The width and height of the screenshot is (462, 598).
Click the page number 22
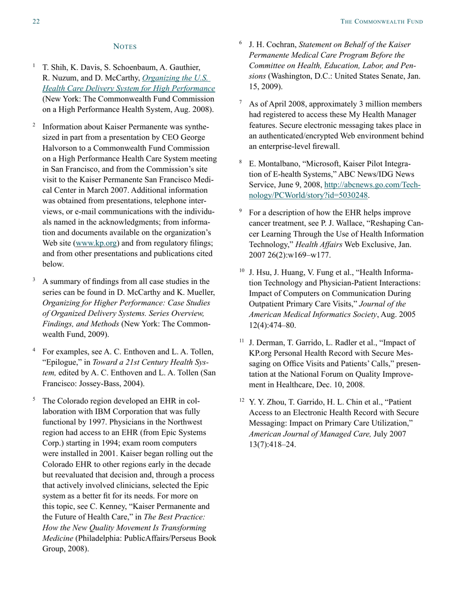tap(36, 21)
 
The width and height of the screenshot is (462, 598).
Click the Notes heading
tap(124, 47)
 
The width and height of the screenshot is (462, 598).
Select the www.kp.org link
tap(96, 243)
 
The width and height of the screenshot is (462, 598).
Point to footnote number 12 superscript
tap(242, 401)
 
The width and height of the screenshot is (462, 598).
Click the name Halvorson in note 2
tap(60, 148)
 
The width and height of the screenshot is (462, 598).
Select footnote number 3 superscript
tap(34, 280)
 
